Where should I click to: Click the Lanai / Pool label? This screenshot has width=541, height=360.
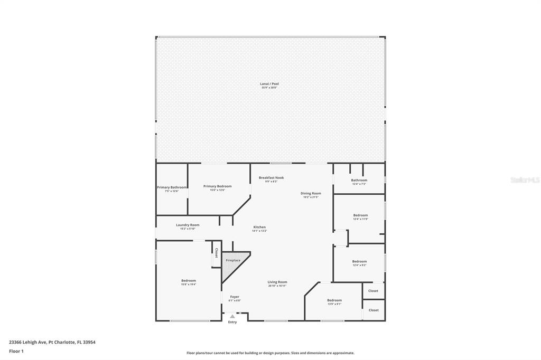[x=269, y=84]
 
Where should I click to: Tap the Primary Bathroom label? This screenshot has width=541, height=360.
[x=172, y=187]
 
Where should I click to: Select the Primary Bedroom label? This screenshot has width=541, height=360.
[x=217, y=186]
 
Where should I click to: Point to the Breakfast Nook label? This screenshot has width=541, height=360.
[x=271, y=178]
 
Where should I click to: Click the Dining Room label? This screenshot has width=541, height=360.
[x=311, y=194]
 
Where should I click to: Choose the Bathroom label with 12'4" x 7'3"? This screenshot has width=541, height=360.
[x=359, y=181]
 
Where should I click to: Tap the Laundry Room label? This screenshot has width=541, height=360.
[x=188, y=225]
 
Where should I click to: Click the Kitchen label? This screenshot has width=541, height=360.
[x=259, y=228]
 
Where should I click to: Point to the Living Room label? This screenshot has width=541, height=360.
[x=277, y=282]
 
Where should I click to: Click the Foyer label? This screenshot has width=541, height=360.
[x=235, y=297]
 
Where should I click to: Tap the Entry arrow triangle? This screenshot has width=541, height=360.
[x=232, y=316]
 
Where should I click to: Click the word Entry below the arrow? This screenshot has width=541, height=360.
[x=232, y=322]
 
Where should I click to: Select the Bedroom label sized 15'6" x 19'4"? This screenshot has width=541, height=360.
[x=189, y=281]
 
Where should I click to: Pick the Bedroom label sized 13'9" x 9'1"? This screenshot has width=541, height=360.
[x=334, y=300]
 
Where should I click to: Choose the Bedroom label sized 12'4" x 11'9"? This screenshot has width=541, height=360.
[x=360, y=215]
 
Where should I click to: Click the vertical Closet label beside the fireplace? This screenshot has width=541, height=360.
[x=217, y=253]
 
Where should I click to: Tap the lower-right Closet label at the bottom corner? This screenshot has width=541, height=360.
[x=374, y=310]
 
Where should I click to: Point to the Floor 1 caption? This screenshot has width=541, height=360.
[x=16, y=351]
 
